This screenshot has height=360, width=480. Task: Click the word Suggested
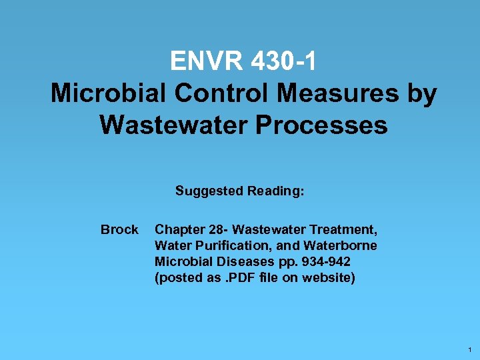(209, 191)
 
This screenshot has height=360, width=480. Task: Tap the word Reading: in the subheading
(276, 191)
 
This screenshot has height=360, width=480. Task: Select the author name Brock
(119, 230)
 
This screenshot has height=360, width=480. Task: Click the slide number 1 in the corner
(470, 350)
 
